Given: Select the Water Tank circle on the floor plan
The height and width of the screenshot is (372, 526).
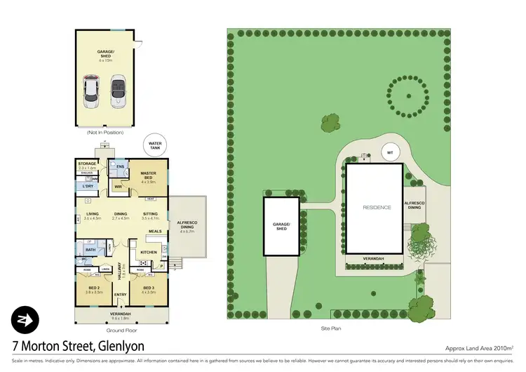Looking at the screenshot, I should coord(154,146).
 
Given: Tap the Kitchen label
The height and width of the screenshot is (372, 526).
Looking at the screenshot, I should coord(149,253).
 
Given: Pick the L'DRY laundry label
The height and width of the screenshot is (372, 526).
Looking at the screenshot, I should coord(88,186).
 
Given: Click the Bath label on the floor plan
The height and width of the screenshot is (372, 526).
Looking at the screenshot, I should coord(90,249).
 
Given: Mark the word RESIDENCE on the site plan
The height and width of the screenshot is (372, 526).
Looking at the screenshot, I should coord(376,208).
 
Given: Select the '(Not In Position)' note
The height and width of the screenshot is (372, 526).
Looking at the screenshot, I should coord(104,132).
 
